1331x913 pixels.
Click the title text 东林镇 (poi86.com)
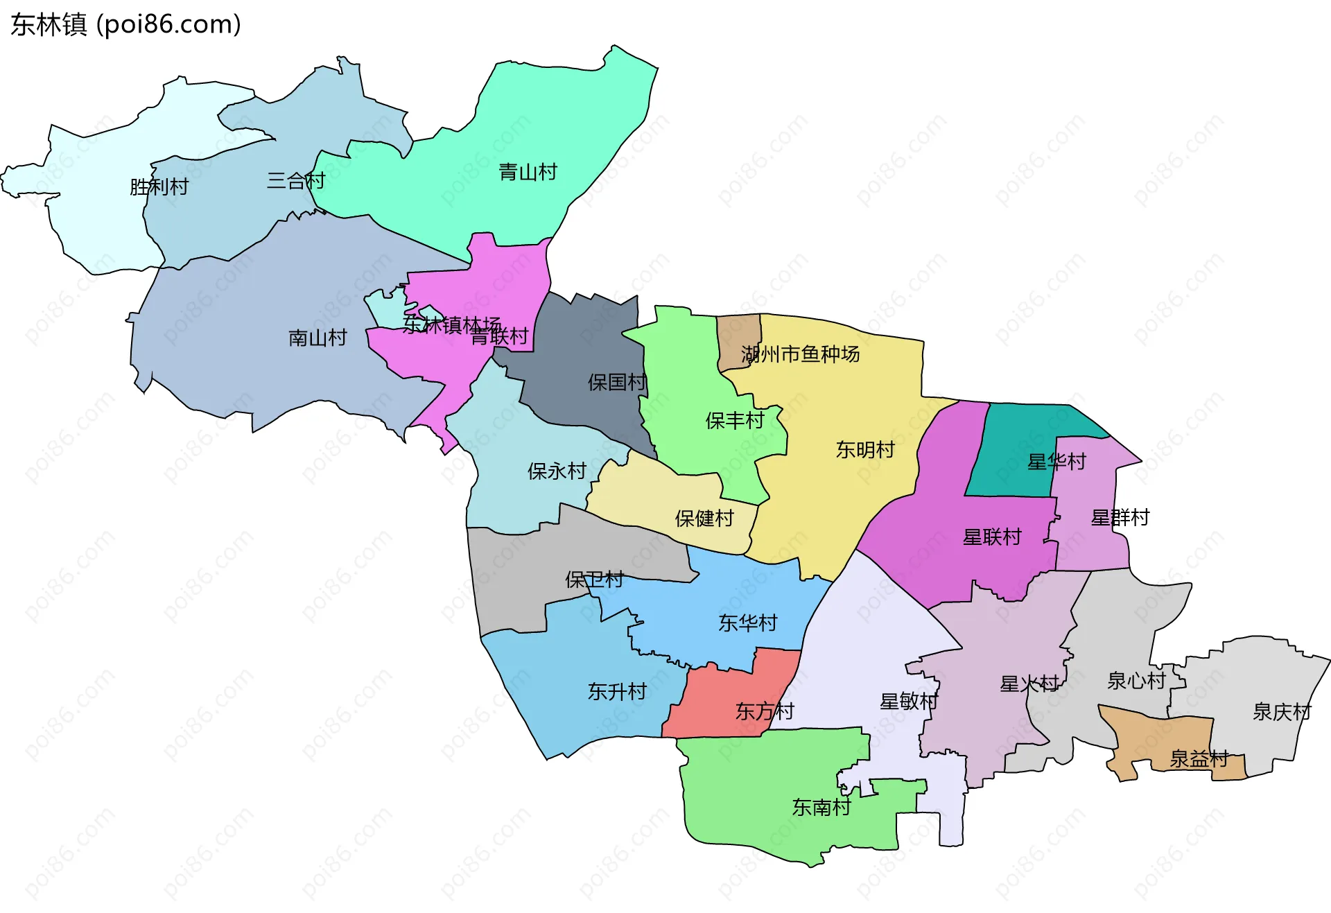tap(125, 24)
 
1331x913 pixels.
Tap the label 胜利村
tap(159, 187)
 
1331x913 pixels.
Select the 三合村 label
tap(296, 181)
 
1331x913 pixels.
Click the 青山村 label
tap(528, 172)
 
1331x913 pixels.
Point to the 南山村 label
tap(317, 338)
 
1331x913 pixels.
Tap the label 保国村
tap(616, 382)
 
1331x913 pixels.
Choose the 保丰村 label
tap(734, 420)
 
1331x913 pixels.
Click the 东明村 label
tap(864, 450)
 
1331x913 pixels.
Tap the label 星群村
tap(1120, 517)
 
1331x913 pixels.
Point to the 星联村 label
tap(991, 537)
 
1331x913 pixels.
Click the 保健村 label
tap(704, 518)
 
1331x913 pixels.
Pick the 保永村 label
tap(557, 471)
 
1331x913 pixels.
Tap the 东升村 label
tap(616, 691)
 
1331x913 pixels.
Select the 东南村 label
tap(821, 807)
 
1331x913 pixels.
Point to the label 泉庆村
tap(1281, 712)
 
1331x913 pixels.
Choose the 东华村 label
tap(747, 623)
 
